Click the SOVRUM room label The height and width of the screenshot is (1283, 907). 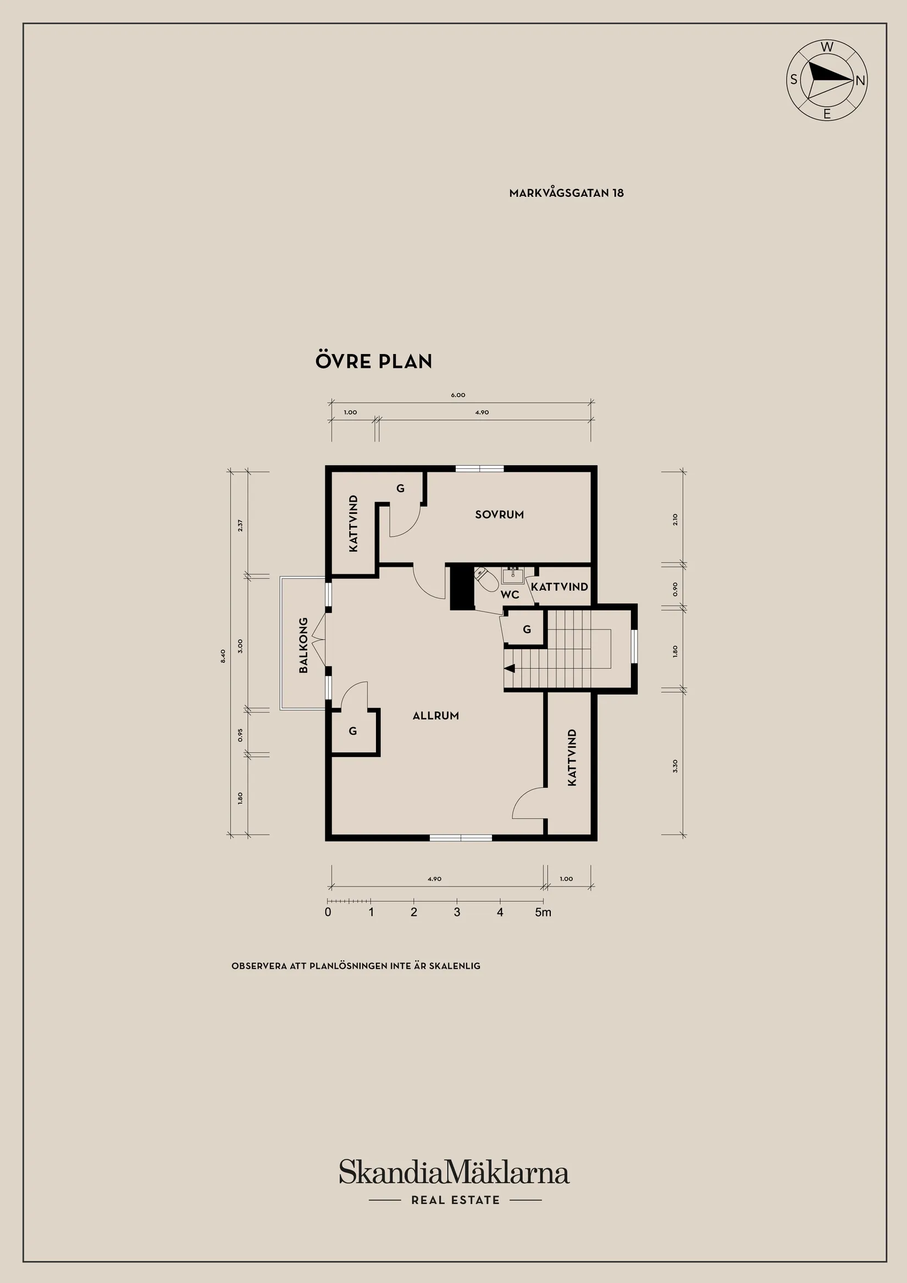(x=499, y=514)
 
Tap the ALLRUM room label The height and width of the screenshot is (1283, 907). (x=435, y=715)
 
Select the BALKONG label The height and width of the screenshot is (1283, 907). (x=303, y=645)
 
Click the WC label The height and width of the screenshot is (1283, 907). (x=509, y=595)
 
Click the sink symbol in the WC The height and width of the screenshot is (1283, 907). (x=512, y=574)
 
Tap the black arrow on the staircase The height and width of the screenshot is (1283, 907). (x=509, y=668)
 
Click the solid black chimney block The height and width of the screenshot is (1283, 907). (x=462, y=587)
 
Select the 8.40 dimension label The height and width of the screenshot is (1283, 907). (x=223, y=655)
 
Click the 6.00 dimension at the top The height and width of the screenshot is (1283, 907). (x=458, y=395)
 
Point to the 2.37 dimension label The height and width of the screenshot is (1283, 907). (x=240, y=526)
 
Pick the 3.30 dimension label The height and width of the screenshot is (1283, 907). (x=674, y=766)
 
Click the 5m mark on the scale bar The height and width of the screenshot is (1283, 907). (x=543, y=913)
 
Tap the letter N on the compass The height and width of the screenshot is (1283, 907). (x=860, y=80)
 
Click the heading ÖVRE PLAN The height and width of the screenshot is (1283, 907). (x=373, y=361)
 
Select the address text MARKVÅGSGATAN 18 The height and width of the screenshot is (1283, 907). (x=566, y=193)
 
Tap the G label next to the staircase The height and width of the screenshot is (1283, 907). (x=527, y=629)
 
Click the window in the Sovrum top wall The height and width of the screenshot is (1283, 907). (x=479, y=468)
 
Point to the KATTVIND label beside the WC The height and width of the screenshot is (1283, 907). (x=559, y=587)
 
